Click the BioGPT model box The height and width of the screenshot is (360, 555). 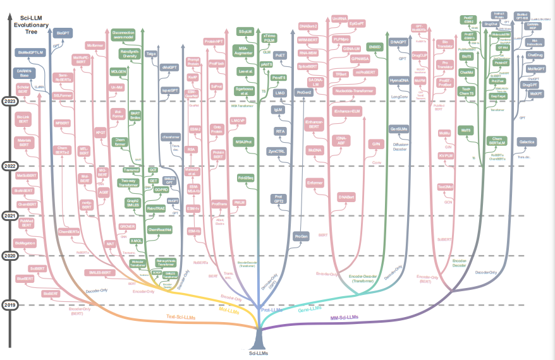tap(63, 32)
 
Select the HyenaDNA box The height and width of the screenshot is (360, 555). tap(399, 81)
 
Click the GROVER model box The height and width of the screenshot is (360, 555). tap(128, 226)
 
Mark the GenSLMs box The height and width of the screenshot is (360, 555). tap(399, 128)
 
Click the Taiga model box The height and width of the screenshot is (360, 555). tap(152, 55)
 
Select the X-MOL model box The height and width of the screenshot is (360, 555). tap(135, 241)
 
